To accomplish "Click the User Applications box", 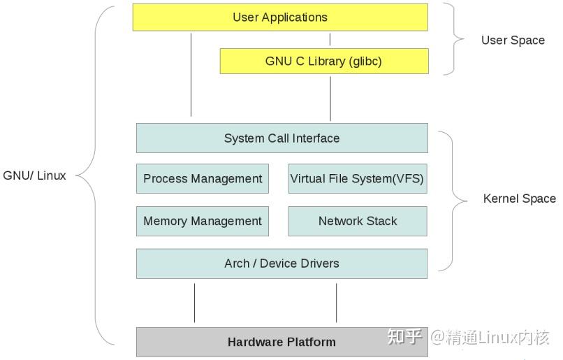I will point(280,17).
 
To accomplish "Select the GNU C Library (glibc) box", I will point(323,61).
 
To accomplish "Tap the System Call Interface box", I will point(281,138).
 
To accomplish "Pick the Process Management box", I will point(203,178).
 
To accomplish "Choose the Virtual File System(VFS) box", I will point(357,178).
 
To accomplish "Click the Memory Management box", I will point(203,221).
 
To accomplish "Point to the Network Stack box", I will point(357,221).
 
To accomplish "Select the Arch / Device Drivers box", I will point(281,264).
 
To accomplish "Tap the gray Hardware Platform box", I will point(281,342).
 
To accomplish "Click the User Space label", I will point(513,40).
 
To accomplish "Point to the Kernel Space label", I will point(520,199).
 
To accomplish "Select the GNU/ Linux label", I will point(34,175).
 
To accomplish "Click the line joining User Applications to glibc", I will point(330,39).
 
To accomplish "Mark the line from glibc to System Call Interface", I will point(330,98).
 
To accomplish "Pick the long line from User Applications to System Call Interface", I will point(191,73).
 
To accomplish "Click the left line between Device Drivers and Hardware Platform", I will point(194,302).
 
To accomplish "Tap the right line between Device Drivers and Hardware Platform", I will point(337,302).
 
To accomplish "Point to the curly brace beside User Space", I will point(455,39).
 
